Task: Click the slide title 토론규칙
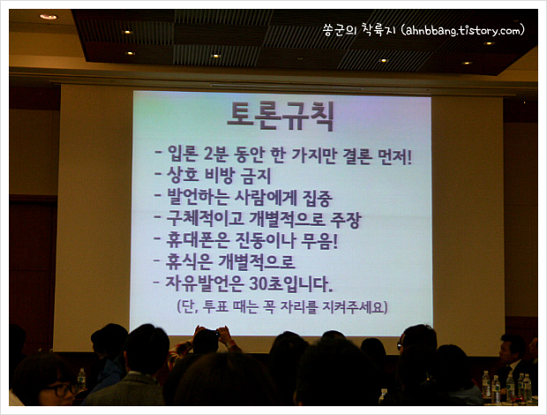click(x=281, y=117)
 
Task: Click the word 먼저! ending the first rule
click(x=395, y=156)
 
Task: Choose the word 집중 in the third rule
click(x=317, y=198)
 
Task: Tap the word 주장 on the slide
click(x=345, y=220)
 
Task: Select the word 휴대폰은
click(x=198, y=240)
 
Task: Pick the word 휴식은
click(x=189, y=261)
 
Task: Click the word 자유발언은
click(x=204, y=283)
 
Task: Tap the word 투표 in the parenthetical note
click(x=215, y=306)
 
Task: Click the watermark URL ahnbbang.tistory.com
click(x=463, y=31)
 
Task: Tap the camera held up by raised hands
click(x=214, y=334)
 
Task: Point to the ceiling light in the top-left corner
click(x=49, y=17)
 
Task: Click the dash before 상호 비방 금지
click(x=158, y=173)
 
